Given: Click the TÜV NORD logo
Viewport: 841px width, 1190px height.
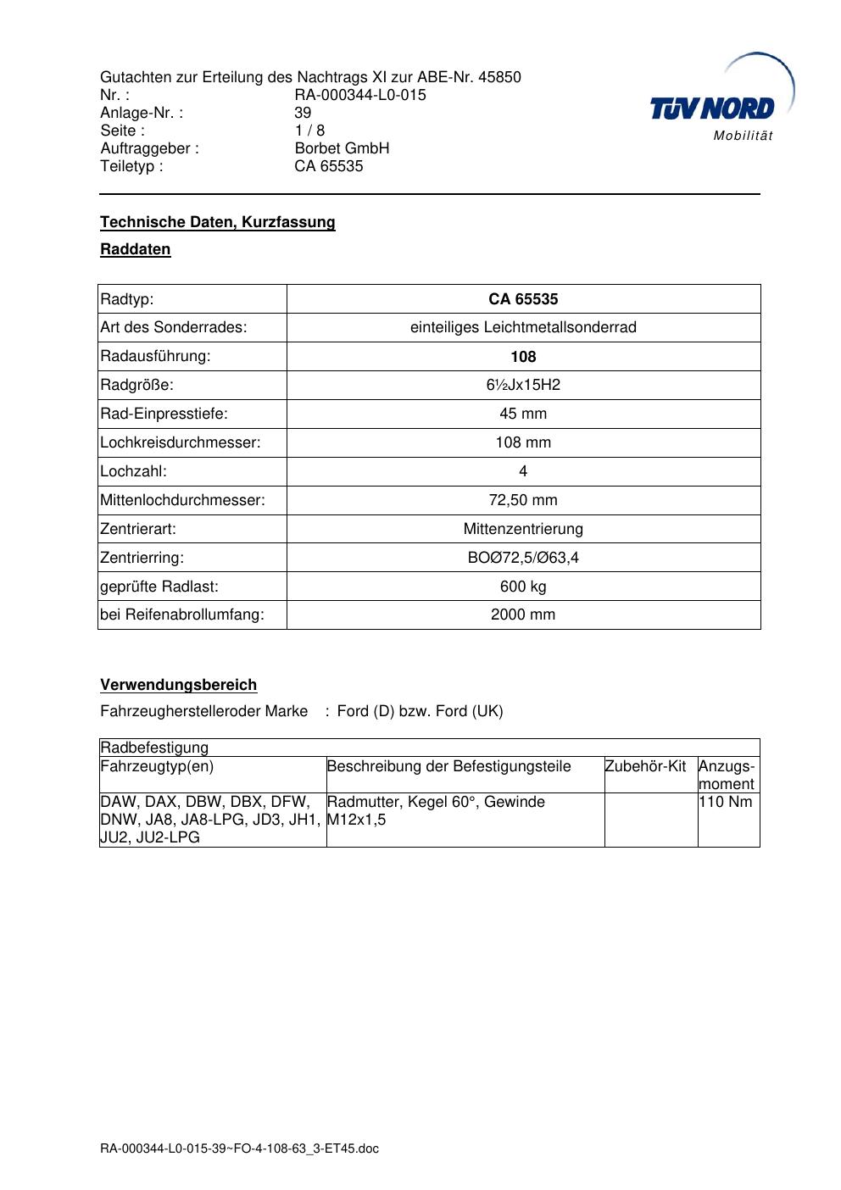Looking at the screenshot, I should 713,108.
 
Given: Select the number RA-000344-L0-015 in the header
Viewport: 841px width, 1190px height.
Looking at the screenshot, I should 360,95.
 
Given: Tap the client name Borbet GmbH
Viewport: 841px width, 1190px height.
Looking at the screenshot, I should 342,148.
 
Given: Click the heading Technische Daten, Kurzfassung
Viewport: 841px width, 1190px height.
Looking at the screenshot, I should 218,222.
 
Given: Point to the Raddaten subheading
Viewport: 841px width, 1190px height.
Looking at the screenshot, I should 136,249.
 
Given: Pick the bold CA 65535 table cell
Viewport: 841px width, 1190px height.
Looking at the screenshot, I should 523,299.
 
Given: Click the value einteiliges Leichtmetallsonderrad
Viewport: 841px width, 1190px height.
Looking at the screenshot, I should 523,327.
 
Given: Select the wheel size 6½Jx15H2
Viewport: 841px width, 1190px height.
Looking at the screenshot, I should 523,385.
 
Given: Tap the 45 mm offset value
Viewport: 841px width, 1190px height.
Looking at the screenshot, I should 523,414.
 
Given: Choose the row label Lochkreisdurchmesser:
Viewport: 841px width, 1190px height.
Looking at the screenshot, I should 181,442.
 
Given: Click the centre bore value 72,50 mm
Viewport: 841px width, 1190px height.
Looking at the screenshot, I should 523,500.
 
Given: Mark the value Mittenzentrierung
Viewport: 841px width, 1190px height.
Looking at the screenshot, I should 523,529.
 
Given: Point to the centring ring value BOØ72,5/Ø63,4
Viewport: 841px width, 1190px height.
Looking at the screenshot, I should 523,558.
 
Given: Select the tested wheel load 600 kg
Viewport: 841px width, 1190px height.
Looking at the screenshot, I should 523,587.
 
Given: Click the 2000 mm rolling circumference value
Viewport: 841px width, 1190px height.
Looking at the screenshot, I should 523,614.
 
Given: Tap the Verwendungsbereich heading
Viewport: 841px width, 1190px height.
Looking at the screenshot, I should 179,685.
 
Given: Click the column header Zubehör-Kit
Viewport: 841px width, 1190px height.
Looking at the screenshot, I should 645,766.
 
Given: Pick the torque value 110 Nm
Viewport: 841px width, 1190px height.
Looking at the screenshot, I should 726,802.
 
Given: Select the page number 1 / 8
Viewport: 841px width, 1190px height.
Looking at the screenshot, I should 309,131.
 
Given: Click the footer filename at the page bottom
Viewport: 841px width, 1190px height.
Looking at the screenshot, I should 240,1149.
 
